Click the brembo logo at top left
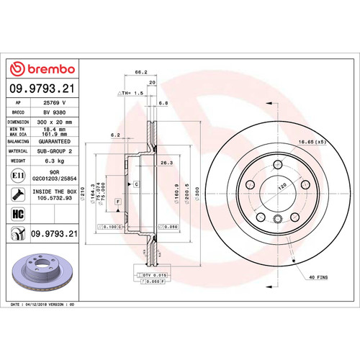pyautogui.click(x=40, y=68)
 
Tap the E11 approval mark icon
pyautogui.click(x=17, y=175)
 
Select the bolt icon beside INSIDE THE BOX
pyautogui.click(x=17, y=194)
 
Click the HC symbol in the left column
pyautogui.click(x=17, y=214)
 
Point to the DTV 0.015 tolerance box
pyautogui.click(x=150, y=275)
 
